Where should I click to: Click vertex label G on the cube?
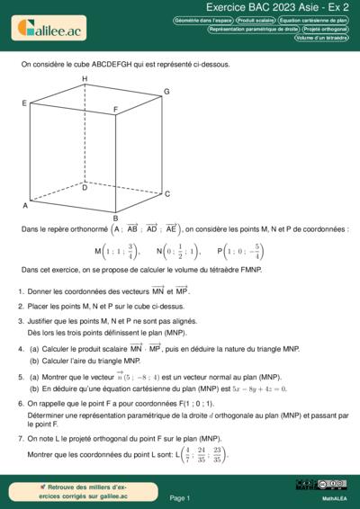tap(166, 92)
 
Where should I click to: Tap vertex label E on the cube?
tap(24, 104)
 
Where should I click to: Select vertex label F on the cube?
tap(115, 110)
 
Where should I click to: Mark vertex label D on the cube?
tap(85, 188)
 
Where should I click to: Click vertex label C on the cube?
tap(167, 193)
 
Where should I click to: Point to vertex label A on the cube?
tap(25, 206)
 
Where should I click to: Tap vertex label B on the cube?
tap(115, 218)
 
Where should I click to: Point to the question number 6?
tap(20, 405)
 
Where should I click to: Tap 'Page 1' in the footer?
tap(179, 497)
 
